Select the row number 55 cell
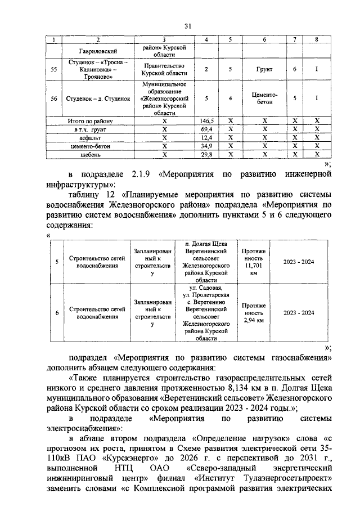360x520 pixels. (x=54, y=69)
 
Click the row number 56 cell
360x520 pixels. (x=54, y=98)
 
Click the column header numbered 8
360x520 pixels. (x=317, y=39)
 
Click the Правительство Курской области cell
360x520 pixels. (x=164, y=69)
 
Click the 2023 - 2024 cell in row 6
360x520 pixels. (x=299, y=313)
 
